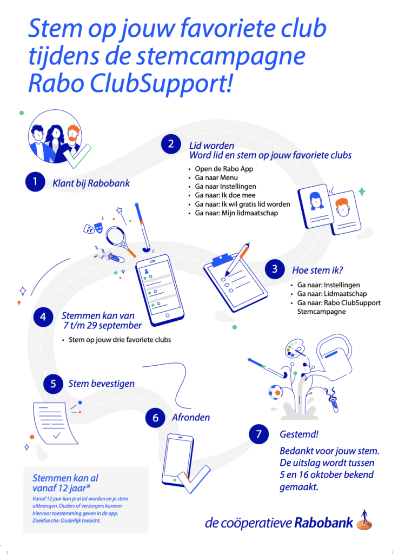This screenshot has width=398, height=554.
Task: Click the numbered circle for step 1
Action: tap(35, 182)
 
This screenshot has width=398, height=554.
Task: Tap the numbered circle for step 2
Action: tap(171, 144)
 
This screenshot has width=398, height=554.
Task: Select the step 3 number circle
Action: tap(275, 269)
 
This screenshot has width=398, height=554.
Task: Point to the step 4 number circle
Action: tap(43, 317)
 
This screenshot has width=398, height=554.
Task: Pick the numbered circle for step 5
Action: tap(53, 384)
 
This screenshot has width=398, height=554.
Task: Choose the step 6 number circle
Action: tap(155, 418)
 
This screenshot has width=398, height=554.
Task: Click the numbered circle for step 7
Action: tap(259, 434)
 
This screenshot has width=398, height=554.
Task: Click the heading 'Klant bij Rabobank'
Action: tap(91, 183)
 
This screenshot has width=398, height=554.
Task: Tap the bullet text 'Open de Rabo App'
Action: tap(224, 169)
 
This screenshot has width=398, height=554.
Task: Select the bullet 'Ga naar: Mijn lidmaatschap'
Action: tap(236, 213)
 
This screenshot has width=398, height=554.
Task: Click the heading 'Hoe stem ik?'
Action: tap(317, 271)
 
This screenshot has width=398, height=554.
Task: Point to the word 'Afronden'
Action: tap(191, 418)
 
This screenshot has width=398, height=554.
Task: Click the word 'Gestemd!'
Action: tap(298, 434)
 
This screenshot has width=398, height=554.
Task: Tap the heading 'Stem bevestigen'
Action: tap(101, 384)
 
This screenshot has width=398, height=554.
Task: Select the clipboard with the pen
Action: tap(235, 278)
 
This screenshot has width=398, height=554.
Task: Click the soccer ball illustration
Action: tap(275, 392)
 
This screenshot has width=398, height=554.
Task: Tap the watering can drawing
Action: tap(334, 357)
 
